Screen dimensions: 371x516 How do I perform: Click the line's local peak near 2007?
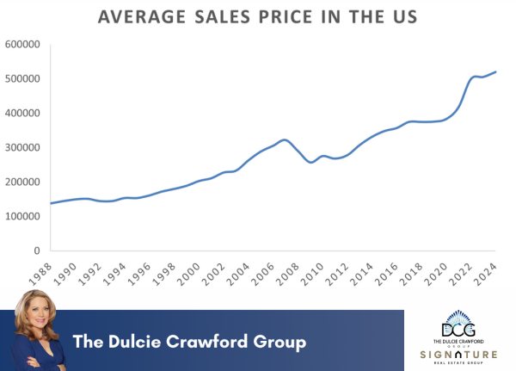pyautogui.click(x=285, y=139)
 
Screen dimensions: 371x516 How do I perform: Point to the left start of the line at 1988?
pyautogui.click(x=51, y=203)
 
